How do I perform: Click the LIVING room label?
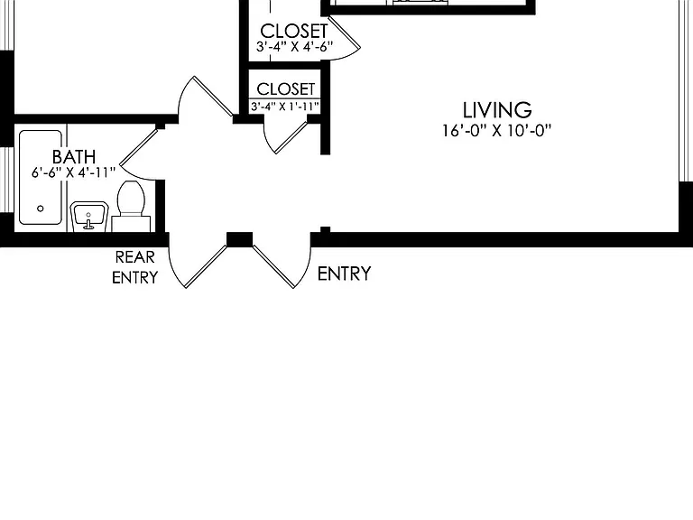pyautogui.click(x=497, y=110)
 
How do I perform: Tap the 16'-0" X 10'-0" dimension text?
pyautogui.click(x=497, y=131)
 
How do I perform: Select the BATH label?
pyautogui.click(x=74, y=157)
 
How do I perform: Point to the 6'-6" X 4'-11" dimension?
pyautogui.click(x=73, y=172)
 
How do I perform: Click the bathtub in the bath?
pyautogui.click(x=41, y=177)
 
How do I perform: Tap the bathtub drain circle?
pyautogui.click(x=41, y=209)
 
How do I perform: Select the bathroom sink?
pyautogui.click(x=88, y=217)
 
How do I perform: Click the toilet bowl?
pyautogui.click(x=131, y=198)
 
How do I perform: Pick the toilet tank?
pyautogui.click(x=131, y=224)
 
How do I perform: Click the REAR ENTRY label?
pyautogui.click(x=134, y=267)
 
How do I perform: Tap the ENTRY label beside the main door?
pyautogui.click(x=344, y=274)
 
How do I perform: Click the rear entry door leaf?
pyautogui.click(x=206, y=266)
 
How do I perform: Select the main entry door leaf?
pyautogui.click(x=273, y=266)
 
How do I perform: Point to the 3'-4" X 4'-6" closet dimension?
pyautogui.click(x=294, y=46)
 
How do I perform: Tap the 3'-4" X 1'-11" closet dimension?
pyautogui.click(x=285, y=107)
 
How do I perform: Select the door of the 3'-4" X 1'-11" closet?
pyautogui.click(x=291, y=137)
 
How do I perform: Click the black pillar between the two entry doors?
pyautogui.click(x=239, y=239)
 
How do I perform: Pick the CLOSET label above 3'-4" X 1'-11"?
pyautogui.click(x=285, y=88)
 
